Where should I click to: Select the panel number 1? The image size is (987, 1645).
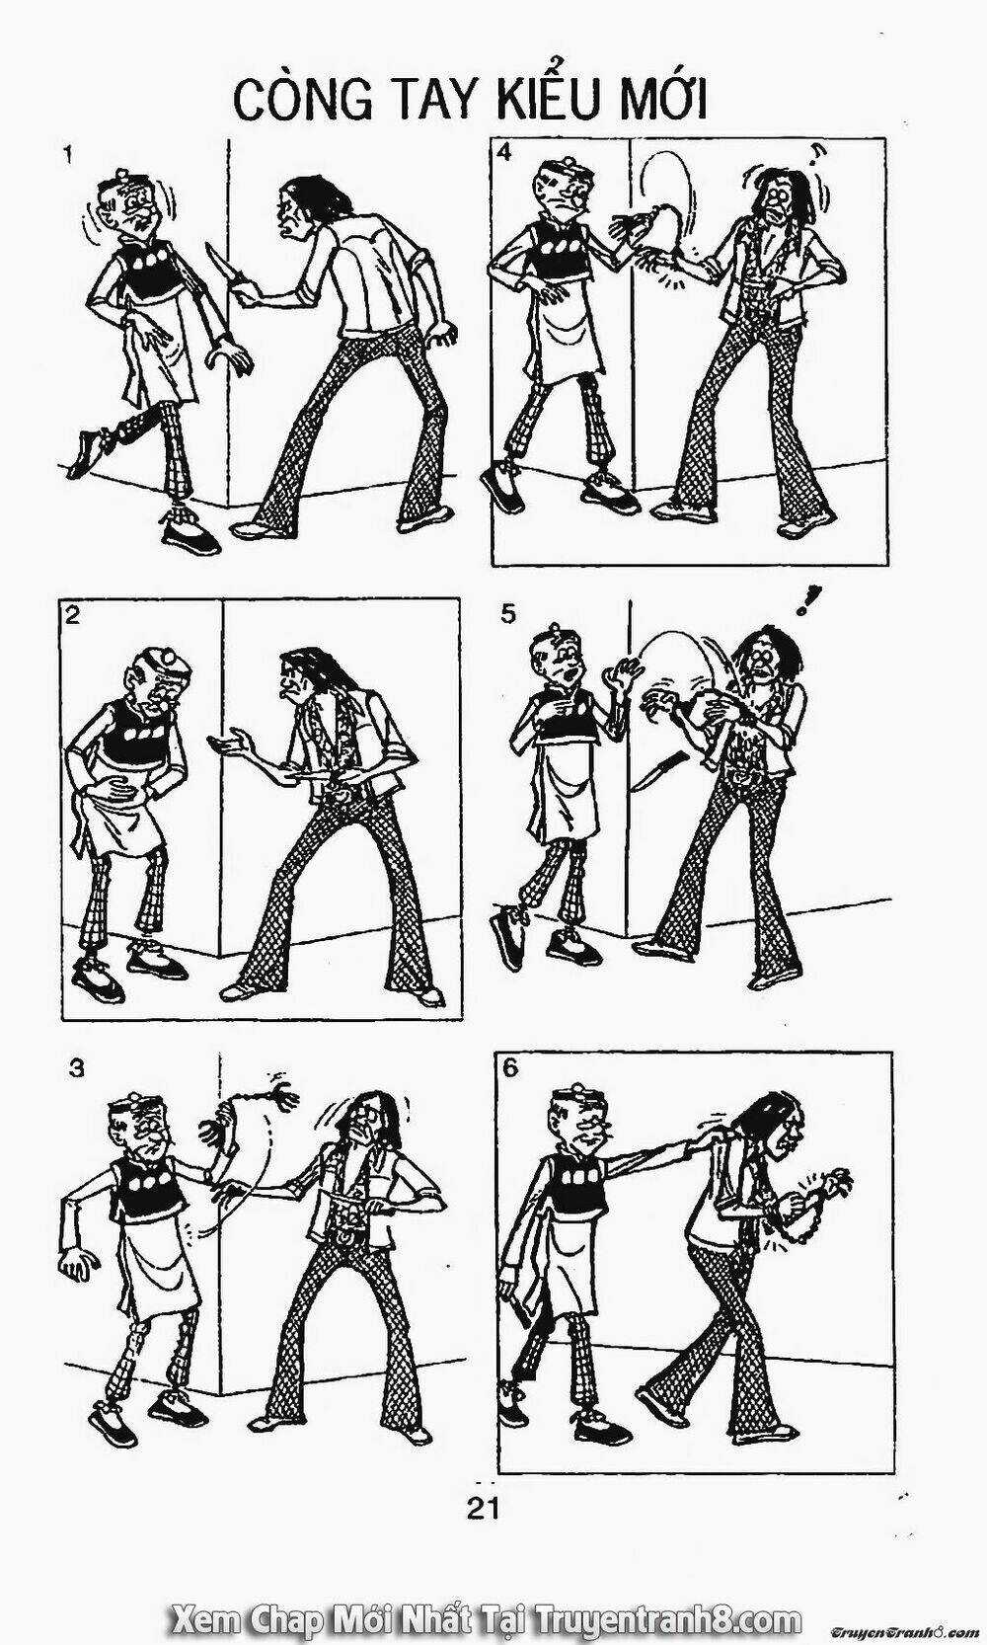(67, 156)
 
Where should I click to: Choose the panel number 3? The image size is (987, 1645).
(76, 1068)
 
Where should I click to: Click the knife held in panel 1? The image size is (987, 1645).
(219, 266)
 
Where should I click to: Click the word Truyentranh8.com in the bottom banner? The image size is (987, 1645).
(667, 1618)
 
